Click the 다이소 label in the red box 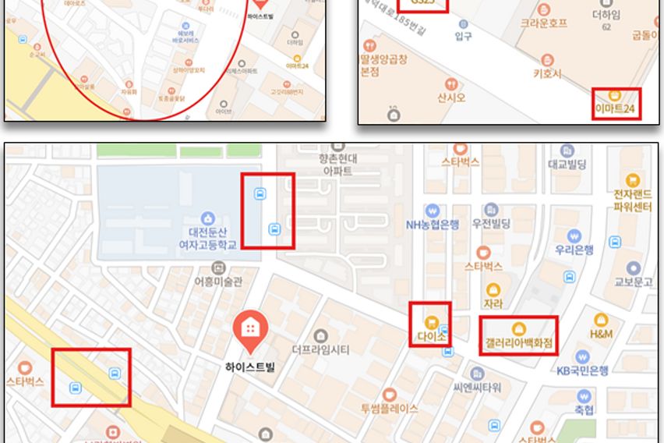click(x=429, y=338)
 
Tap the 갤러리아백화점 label click(x=518, y=342)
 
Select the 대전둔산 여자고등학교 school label click(x=207, y=236)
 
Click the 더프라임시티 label click(x=320, y=349)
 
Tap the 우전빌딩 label click(x=490, y=224)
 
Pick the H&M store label click(x=601, y=333)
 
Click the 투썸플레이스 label click(x=389, y=408)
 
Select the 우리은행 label click(x=574, y=250)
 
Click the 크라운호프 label click(x=544, y=23)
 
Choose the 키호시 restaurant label click(x=546, y=73)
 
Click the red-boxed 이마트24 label click(x=616, y=108)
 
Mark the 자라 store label click(x=493, y=303)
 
